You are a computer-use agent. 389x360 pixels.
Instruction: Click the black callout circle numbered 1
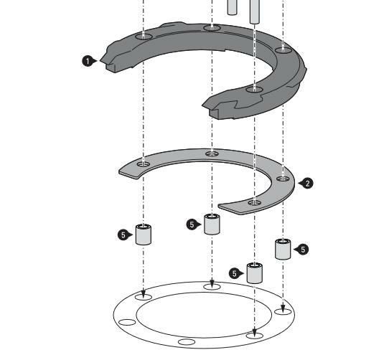coord(88,61)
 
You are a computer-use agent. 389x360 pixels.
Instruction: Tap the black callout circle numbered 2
coord(308,184)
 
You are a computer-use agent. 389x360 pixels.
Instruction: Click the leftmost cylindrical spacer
coord(144,235)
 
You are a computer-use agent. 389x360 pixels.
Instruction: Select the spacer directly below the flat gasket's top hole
coord(212,224)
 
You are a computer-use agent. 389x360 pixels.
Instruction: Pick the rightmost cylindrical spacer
coord(283,249)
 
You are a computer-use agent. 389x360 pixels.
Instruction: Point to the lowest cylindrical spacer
coord(255,273)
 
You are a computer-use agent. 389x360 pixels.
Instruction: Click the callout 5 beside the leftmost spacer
coord(123,235)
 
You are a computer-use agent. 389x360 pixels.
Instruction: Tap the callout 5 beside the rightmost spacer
coord(303,250)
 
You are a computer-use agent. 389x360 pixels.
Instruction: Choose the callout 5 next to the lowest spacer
coord(235,274)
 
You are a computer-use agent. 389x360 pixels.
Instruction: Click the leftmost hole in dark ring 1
coord(144,37)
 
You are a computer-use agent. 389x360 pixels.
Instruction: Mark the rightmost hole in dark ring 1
coord(283,50)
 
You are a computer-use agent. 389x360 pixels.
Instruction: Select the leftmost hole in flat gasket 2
coord(144,164)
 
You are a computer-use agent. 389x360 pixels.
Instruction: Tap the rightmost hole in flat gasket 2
coord(283,179)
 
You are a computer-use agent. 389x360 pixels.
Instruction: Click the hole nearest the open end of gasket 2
coord(255,203)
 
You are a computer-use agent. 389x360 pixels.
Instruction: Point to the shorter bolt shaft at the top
coord(232,7)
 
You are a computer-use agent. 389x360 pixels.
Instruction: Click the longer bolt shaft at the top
coord(255,11)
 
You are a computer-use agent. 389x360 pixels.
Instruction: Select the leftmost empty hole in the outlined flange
coord(127,322)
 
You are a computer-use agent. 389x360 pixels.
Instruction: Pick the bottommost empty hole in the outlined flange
coord(187,342)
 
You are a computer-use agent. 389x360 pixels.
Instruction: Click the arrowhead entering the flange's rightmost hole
coord(283,309)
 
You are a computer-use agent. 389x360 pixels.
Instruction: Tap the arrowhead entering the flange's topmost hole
coord(212,283)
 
